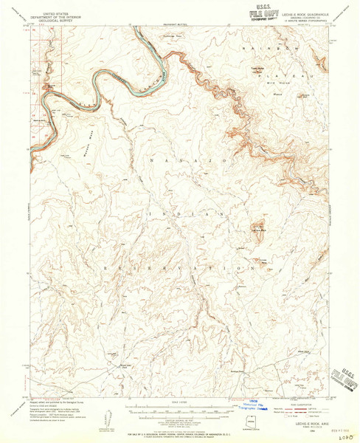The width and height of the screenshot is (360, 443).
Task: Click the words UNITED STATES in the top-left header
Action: click(x=59, y=13)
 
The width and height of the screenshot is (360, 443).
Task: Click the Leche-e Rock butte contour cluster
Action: click(x=258, y=229)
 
